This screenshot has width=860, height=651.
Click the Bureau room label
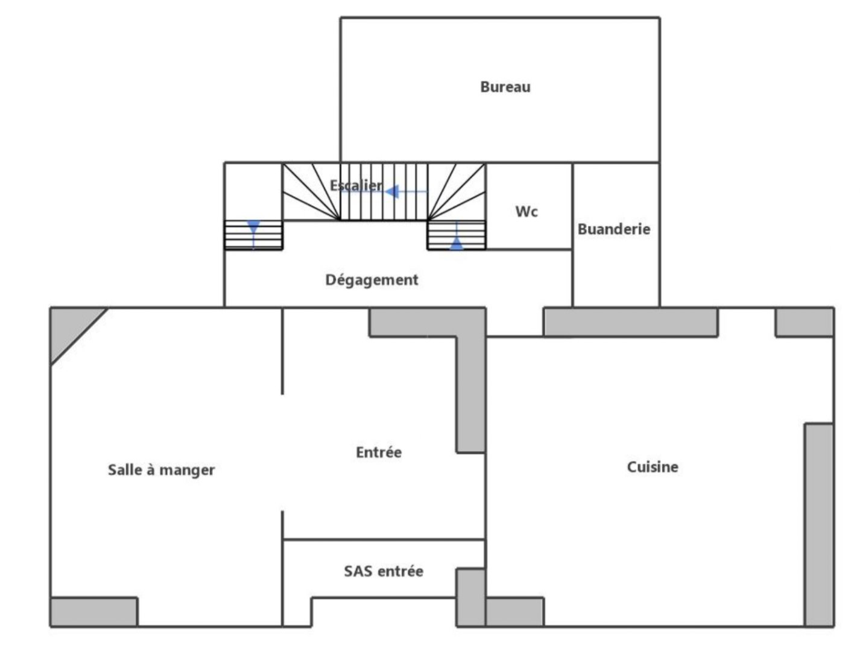point(505,87)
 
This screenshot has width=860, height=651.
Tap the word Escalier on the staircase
point(356,185)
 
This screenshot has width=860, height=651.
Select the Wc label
point(526,211)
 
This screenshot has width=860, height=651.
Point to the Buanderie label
point(614,229)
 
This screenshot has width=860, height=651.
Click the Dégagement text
point(372,280)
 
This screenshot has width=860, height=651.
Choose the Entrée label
point(379,453)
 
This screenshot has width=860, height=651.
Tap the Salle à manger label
point(161,470)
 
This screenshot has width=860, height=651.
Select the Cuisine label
point(653,467)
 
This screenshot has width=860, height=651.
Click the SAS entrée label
point(384,571)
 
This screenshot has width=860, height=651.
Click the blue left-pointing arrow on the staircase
point(393,192)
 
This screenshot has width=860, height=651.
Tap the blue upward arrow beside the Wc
point(457,243)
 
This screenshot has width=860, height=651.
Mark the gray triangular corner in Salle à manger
point(69,328)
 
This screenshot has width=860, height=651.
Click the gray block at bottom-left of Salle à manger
point(93,612)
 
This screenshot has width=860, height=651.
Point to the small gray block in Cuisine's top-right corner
point(804,322)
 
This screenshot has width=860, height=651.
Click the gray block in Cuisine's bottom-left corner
point(514,612)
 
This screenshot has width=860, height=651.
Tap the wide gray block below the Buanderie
point(631,322)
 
